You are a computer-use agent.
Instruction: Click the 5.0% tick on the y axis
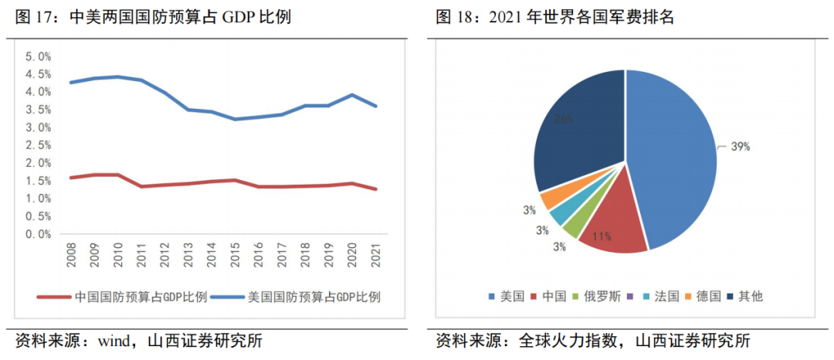[x=38, y=56]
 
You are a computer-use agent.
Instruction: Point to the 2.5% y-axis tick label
[x=38, y=145]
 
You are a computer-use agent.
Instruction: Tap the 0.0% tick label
[x=38, y=234]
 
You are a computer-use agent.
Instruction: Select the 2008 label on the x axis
[x=71, y=255]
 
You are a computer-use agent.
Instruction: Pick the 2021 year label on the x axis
[x=376, y=255]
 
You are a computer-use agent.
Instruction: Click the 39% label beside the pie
[x=741, y=147]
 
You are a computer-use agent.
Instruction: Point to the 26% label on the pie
[x=564, y=119]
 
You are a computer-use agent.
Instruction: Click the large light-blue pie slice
[x=672, y=155]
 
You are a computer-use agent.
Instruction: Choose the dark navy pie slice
[x=579, y=131]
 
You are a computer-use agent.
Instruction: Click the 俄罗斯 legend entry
[x=594, y=296]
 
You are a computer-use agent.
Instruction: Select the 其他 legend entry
[x=744, y=296]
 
